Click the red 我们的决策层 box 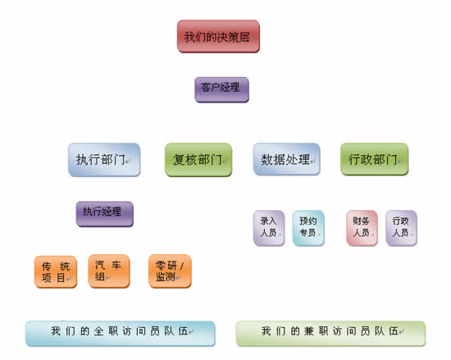[218, 36]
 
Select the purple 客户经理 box [221, 89]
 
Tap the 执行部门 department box [104, 160]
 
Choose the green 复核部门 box [198, 160]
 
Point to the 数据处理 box [287, 159]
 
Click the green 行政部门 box [375, 159]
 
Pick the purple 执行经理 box [105, 214]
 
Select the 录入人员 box [269, 228]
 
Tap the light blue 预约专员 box [308, 228]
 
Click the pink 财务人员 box [362, 228]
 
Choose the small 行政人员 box [401, 228]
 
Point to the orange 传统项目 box [56, 271]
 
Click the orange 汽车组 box [109, 271]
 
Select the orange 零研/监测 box [170, 271]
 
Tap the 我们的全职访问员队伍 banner [121, 334]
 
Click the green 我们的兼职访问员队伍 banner [330, 334]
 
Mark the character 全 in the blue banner [98, 331]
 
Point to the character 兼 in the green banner [309, 331]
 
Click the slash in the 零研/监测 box [182, 266]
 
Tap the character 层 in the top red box [244, 37]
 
